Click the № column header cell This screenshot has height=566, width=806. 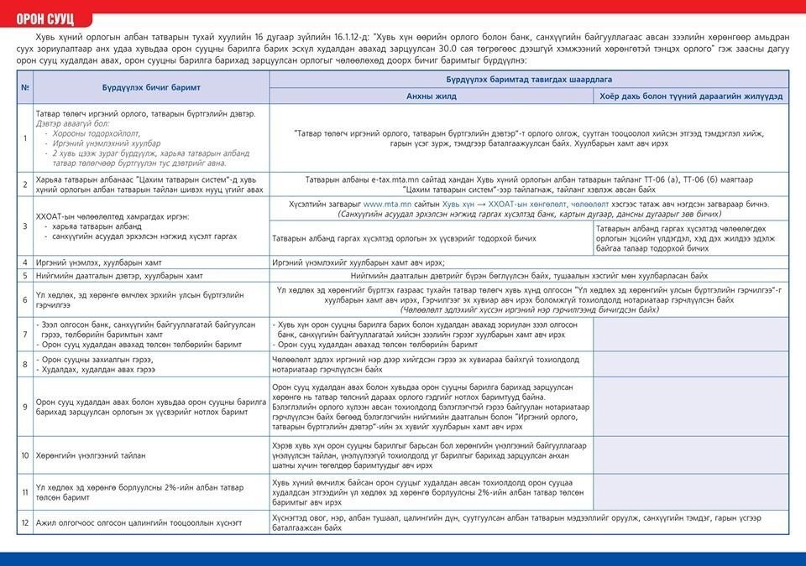coord(25,87)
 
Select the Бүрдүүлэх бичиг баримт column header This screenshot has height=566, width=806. coord(151,87)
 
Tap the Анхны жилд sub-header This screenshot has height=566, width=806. coord(432,96)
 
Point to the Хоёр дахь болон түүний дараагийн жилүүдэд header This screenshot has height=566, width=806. coord(690,96)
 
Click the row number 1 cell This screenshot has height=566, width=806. coord(25,138)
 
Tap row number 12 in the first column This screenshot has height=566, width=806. coord(25,522)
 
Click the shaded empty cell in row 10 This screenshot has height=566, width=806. coord(690,455)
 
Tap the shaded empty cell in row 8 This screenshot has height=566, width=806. coord(690,365)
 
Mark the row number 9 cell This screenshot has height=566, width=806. coord(25,407)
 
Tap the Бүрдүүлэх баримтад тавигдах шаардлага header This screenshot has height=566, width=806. coord(529,79)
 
